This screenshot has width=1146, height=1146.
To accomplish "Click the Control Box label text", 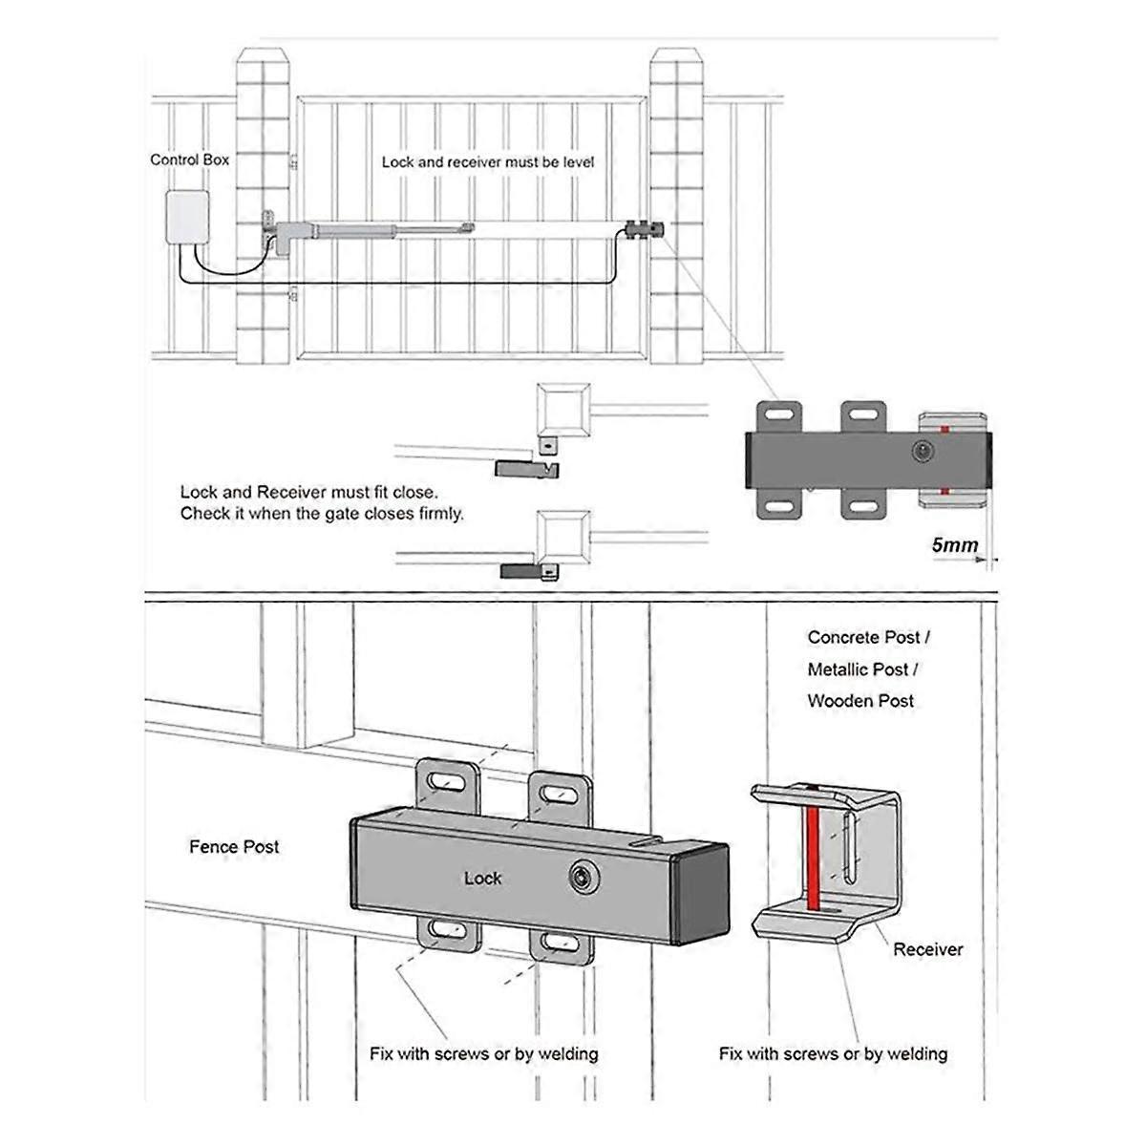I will pos(189,159).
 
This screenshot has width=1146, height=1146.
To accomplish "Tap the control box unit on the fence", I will pos(189,219).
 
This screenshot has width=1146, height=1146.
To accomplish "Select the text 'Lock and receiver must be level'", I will pos(487,162).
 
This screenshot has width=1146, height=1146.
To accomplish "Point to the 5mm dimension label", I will pos(955,545).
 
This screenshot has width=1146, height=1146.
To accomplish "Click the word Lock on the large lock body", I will pos(482,878).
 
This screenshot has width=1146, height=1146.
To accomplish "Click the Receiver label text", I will pos(927,949).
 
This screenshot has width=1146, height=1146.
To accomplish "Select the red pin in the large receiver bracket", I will pos(812,848).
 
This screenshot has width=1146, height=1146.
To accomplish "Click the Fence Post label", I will pos(234,846).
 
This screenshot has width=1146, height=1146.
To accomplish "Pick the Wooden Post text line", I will pos(860,700).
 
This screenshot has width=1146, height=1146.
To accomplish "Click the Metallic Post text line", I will pos(862,668).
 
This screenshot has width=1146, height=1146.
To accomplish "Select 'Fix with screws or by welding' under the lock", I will pos(483,1053).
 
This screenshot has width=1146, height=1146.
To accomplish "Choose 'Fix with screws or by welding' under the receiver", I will pos(833,1053).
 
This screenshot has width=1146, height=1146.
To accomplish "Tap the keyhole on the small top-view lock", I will pos(923,451).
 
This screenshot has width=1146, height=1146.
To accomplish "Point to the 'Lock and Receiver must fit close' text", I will pos(308,493).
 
